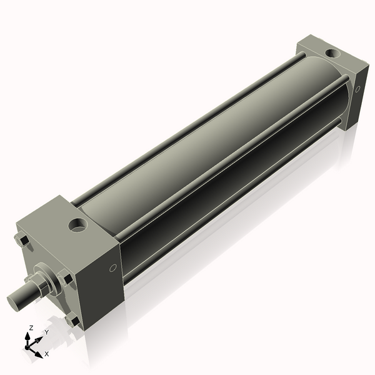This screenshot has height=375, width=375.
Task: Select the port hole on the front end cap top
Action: coord(79,224)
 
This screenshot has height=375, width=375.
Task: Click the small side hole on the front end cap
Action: coord(113,268)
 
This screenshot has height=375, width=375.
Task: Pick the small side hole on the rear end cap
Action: coord(358,89)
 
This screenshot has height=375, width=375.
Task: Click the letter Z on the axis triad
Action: coord(31,327)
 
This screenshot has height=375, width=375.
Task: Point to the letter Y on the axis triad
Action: coord(46,332)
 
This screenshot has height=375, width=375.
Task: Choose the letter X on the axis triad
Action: coord(46,354)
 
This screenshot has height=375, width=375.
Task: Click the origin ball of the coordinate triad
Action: coord(29,346)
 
